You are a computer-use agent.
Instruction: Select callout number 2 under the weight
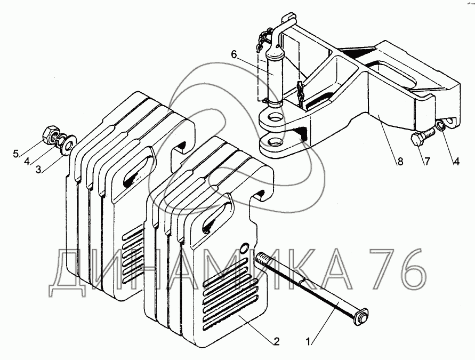276,341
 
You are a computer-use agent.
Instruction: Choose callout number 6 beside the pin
233,54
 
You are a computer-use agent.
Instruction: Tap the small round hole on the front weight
244,247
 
